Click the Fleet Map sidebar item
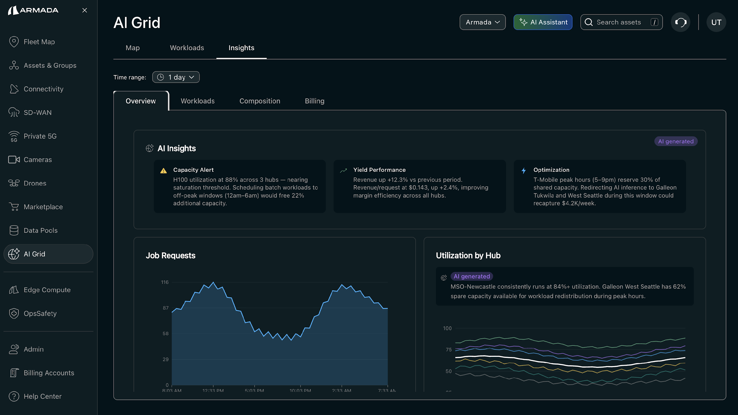(39, 42)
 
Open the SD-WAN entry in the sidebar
(37, 112)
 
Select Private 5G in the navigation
(40, 136)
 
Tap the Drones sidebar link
(35, 183)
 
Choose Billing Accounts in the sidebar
(49, 373)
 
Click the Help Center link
(43, 396)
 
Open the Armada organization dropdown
(482, 22)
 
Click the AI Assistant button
(543, 22)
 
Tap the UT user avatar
(716, 22)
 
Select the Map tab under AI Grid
(133, 48)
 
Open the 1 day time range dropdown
(176, 77)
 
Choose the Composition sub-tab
(259, 101)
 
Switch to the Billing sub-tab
(314, 101)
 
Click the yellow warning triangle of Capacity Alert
(164, 171)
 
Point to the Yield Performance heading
(379, 170)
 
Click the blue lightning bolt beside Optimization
(524, 171)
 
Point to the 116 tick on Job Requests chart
(165, 282)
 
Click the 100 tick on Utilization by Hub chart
(447, 328)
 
